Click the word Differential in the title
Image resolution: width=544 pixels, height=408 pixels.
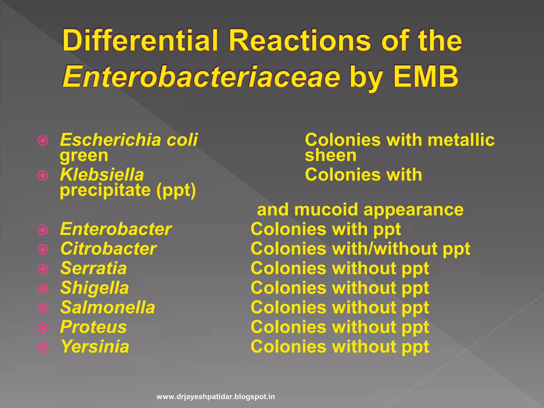tap(140, 41)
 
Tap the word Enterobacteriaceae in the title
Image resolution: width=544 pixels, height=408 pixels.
tap(201, 77)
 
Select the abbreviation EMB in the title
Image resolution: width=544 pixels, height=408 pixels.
tap(426, 77)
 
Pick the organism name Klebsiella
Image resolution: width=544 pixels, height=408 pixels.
tap(102, 175)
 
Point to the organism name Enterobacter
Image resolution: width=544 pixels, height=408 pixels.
tap(116, 229)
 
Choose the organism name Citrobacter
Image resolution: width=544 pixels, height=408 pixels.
tap(108, 249)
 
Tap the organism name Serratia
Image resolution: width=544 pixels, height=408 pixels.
tap(93, 268)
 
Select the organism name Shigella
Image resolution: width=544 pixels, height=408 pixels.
tap(95, 288)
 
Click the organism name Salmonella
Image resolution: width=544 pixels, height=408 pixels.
tap(108, 308)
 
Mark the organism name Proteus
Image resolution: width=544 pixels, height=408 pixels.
tap(93, 327)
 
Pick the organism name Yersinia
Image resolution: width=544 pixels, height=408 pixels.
tap(95, 347)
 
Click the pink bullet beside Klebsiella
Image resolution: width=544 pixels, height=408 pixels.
tap(43, 175)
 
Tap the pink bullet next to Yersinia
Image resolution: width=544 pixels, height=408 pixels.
tap(43, 347)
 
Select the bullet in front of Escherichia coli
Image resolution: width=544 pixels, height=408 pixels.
tap(43, 141)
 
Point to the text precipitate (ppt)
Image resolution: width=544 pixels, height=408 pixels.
tap(128, 190)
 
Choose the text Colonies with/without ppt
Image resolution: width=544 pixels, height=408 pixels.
tap(360, 249)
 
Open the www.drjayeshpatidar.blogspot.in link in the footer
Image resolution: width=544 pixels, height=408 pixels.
tap(216, 397)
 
